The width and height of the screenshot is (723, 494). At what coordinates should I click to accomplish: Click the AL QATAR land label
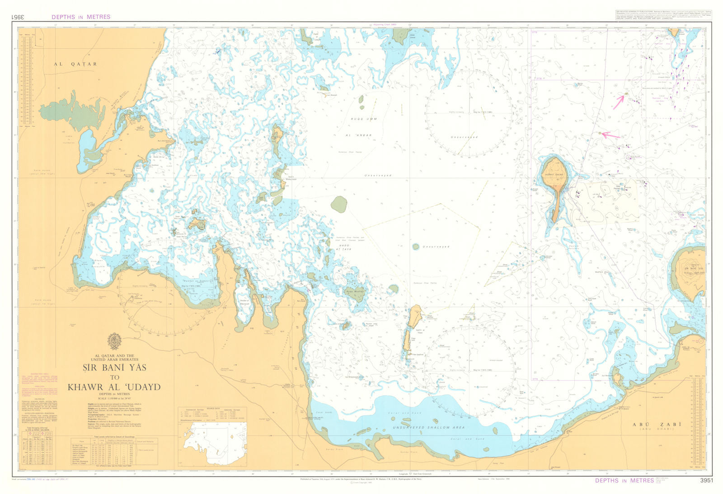click(x=75, y=64)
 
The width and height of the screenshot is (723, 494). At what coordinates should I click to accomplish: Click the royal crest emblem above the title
click(x=114, y=341)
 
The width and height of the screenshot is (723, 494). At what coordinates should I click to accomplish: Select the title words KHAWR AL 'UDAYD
click(x=114, y=387)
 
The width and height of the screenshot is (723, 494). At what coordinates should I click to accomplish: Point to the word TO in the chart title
click(x=114, y=377)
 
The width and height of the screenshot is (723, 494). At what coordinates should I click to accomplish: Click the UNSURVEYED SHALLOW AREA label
click(x=428, y=427)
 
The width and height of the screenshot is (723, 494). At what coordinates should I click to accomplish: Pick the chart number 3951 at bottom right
click(x=706, y=480)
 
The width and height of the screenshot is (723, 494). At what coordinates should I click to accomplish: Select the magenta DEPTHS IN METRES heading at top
click(x=81, y=17)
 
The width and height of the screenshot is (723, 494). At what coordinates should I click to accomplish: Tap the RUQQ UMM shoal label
click(x=364, y=119)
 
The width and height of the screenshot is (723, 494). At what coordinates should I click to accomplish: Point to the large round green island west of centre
click(x=339, y=205)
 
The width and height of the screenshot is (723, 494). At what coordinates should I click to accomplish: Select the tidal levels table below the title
click(x=114, y=450)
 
